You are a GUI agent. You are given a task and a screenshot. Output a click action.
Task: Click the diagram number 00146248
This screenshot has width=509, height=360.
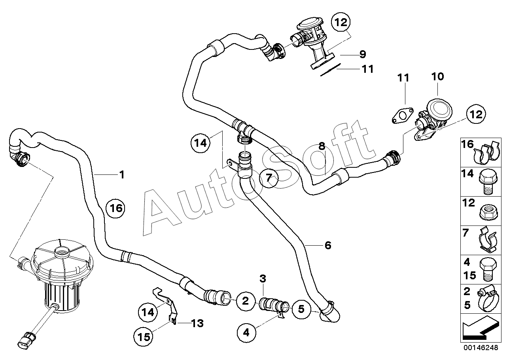481,347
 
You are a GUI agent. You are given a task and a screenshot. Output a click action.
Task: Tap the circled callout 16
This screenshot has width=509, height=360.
115,208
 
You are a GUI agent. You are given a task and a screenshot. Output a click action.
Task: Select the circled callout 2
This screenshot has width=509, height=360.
246,301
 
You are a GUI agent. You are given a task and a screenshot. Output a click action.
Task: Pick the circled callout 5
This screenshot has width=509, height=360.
301,309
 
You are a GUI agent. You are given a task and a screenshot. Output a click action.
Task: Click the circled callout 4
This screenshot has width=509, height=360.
246,333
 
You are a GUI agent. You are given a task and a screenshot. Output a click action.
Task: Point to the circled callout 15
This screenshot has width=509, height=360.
144,337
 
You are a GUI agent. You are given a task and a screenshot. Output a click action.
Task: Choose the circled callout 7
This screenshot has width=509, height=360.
269,178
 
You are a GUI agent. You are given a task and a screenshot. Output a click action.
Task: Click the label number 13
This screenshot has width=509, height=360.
197,323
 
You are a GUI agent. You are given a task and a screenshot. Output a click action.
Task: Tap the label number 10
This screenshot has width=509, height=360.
437,77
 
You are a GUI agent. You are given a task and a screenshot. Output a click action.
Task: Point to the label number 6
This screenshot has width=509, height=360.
328,245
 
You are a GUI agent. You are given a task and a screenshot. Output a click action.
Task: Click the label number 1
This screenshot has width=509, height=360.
122,175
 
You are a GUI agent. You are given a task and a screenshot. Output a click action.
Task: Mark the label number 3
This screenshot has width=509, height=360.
263,279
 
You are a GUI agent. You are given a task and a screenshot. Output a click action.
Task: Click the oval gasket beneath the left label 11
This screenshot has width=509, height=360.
402,116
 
